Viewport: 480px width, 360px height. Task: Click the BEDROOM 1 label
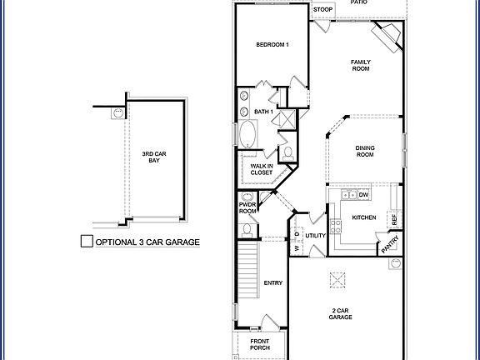(272, 44)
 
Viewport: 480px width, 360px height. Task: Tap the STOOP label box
(322, 10)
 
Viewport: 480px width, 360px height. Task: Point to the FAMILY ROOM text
(360, 66)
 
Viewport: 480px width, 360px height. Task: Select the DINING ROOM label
(364, 151)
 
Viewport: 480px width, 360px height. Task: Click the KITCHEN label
(364, 217)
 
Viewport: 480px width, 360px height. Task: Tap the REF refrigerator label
(394, 213)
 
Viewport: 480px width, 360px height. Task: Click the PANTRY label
(390, 244)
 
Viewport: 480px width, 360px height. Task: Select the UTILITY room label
(315, 236)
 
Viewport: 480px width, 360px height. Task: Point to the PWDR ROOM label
(248, 207)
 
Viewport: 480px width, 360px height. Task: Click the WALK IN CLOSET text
(260, 170)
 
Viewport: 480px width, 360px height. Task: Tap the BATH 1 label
(264, 111)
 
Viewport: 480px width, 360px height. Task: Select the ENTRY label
(273, 282)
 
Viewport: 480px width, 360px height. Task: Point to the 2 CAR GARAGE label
(339, 313)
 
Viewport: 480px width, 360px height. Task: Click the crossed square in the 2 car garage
(339, 278)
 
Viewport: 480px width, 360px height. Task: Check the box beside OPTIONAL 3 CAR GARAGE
(86, 242)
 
